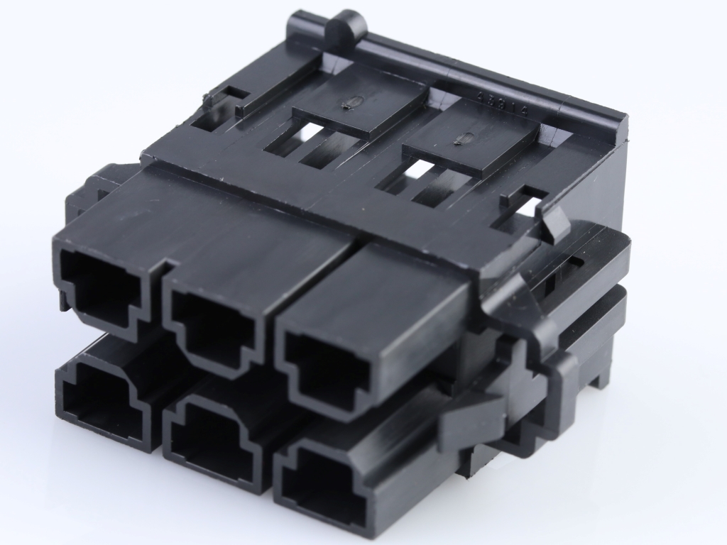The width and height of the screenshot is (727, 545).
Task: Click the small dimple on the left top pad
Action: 347,104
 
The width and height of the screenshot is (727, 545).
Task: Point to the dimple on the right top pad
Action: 458,139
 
